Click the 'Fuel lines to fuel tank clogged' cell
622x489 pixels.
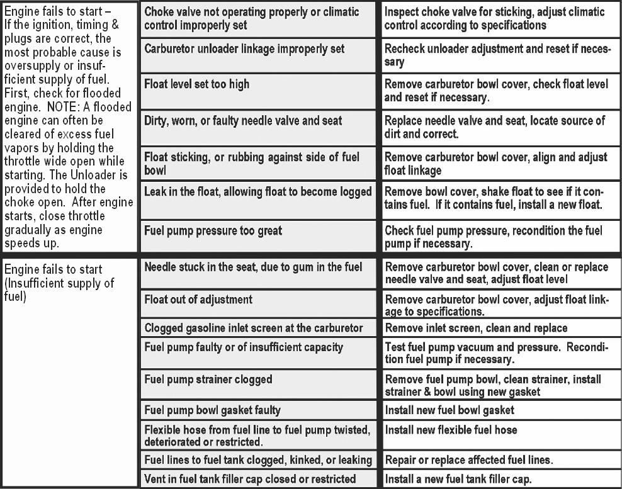258,460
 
